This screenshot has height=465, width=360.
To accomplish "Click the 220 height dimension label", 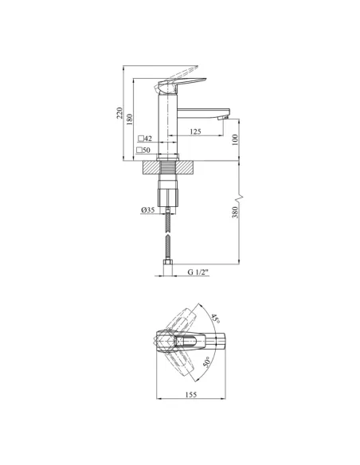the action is click(119, 113).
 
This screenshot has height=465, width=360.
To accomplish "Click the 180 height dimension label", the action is click(130, 119).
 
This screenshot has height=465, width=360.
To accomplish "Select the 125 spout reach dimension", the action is click(195, 131).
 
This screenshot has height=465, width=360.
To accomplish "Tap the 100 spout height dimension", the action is click(235, 139).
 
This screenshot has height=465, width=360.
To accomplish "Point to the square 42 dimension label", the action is click(145, 139).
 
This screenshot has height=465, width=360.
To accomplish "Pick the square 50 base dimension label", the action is click(143, 150).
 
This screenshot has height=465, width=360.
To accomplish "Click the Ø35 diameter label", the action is click(147, 210).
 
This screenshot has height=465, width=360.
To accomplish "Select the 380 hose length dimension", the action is click(235, 213).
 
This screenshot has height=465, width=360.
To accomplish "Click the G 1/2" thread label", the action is click(198, 272).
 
